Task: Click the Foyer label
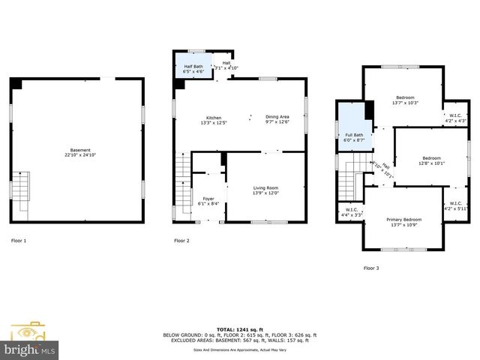point(208,199)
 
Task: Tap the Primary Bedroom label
point(403,221)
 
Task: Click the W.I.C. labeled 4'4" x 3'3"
point(352,212)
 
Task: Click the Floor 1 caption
point(19,241)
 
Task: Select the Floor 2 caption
point(181,241)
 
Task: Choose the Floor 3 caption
point(371,268)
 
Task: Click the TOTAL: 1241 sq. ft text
point(240,330)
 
